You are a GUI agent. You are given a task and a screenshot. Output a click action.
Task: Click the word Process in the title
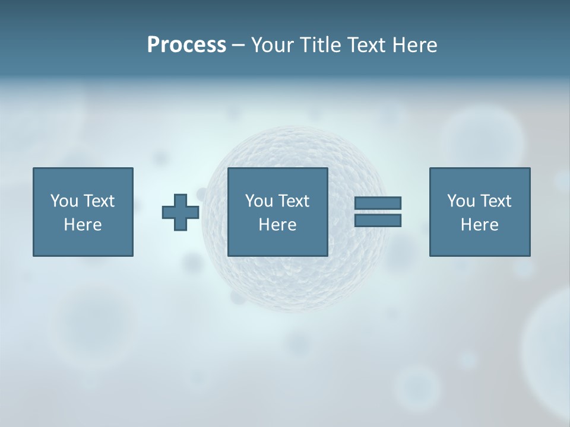point(186,45)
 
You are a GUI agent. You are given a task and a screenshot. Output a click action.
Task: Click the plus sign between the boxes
point(180,212)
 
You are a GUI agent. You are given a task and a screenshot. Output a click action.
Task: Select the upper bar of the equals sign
point(378,203)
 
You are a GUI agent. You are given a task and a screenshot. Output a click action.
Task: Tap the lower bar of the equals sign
point(378,221)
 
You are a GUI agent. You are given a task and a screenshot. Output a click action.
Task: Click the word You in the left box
point(64,201)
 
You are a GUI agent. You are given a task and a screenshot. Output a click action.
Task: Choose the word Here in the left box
point(83,225)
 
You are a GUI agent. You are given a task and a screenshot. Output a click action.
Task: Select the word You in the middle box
point(259,201)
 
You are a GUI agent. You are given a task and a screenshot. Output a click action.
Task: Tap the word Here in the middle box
point(277,225)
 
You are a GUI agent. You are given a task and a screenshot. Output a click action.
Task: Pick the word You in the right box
point(461,201)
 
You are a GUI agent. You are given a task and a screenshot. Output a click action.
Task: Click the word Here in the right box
point(479,225)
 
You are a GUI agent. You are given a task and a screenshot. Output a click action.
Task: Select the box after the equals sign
point(480,243)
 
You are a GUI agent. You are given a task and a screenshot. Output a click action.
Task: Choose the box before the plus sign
point(83,243)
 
